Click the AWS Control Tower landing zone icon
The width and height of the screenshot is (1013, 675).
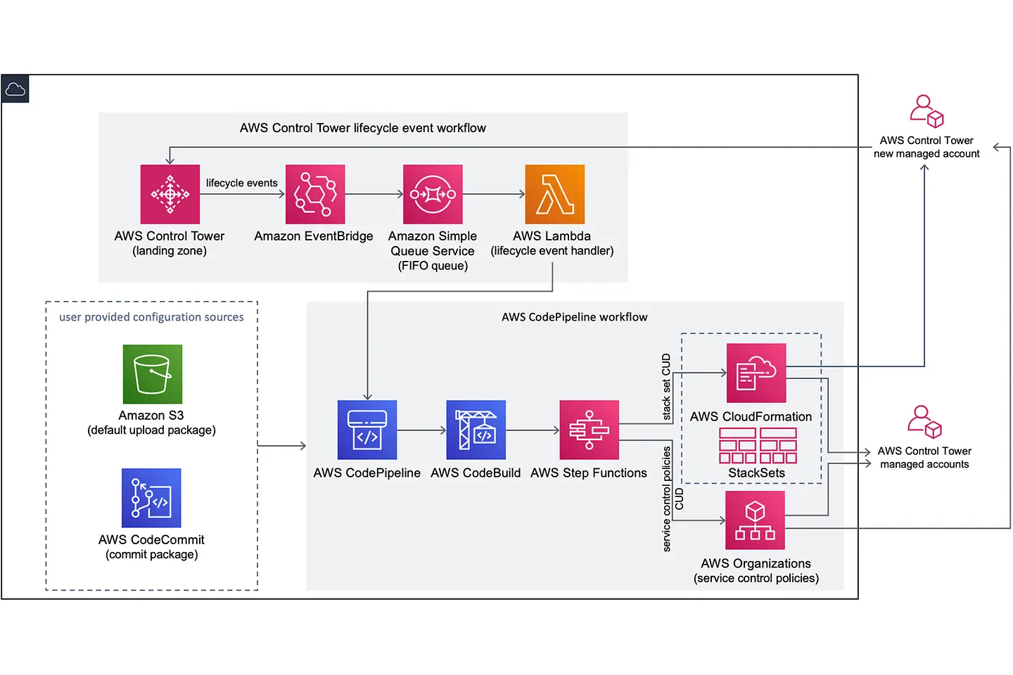click(170, 194)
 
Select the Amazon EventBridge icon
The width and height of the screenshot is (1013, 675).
click(315, 194)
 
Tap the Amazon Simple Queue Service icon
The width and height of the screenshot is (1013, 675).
click(433, 194)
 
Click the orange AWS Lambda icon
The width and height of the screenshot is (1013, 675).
click(554, 194)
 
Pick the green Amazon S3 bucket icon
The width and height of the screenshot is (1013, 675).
click(153, 374)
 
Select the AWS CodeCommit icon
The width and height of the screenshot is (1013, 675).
click(151, 498)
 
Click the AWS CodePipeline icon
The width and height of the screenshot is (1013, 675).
click(367, 430)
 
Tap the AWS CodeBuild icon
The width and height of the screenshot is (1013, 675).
click(476, 430)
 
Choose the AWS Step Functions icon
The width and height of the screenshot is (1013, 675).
click(589, 430)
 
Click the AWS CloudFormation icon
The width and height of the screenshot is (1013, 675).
click(756, 373)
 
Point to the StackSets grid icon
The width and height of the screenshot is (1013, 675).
click(758, 446)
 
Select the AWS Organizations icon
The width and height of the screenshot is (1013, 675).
click(755, 520)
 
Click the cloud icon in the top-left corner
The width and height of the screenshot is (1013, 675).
click(15, 89)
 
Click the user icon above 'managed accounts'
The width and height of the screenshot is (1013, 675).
click(924, 422)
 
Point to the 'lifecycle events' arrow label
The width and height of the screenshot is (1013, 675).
click(241, 183)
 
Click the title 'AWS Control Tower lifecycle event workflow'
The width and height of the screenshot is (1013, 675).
click(363, 128)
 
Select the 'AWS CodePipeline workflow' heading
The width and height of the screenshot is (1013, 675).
click(574, 317)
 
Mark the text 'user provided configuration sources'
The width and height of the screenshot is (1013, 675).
click(151, 317)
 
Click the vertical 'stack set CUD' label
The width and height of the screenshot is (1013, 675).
click(666, 387)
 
